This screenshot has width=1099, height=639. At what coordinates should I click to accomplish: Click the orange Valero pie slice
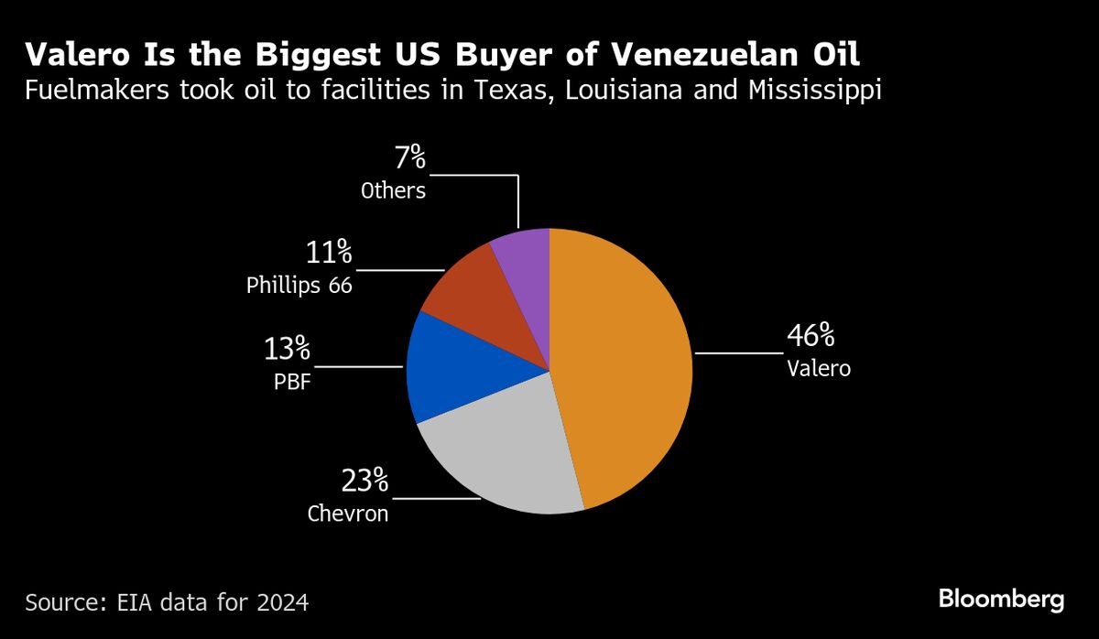coord(632,366)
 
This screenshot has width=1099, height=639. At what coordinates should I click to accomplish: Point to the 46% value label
coord(811,336)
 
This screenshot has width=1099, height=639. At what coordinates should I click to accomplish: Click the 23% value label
coord(365,480)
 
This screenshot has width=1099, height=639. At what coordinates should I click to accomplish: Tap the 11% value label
coord(328,251)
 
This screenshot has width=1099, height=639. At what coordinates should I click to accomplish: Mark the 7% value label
coord(410,158)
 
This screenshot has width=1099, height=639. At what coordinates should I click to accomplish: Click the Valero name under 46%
coord(819,369)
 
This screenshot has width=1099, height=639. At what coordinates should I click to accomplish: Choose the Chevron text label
coord(347,514)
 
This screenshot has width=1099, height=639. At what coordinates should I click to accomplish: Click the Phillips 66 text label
coord(299,286)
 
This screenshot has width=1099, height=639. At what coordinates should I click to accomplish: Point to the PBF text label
coord(292,382)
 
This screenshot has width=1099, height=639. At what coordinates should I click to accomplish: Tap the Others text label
coord(393,190)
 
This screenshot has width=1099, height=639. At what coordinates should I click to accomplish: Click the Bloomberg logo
coord(1000,600)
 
